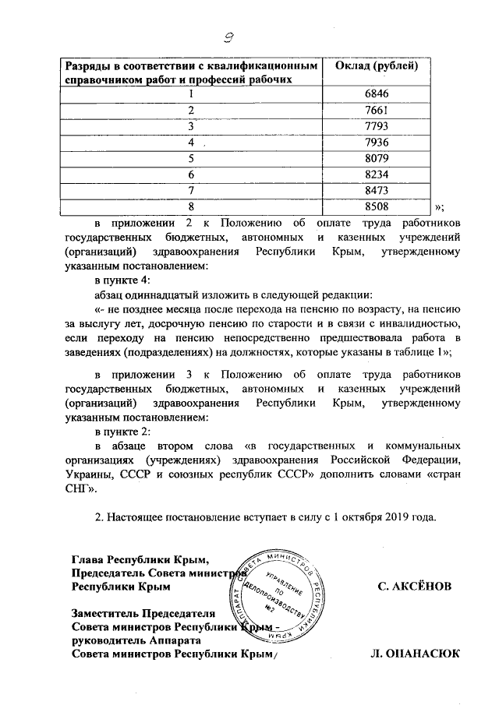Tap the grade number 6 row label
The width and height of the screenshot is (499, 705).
point(190,174)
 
